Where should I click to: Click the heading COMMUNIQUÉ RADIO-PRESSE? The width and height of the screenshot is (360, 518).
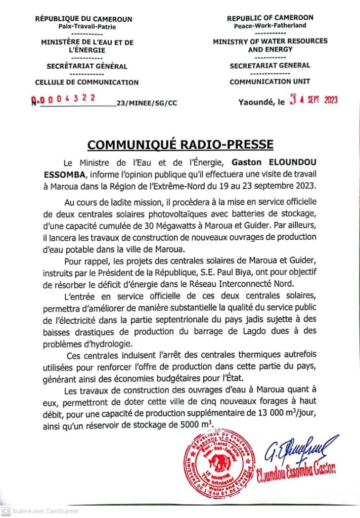(x=180, y=145)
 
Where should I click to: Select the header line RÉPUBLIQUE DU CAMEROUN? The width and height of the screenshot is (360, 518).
(x=83, y=19)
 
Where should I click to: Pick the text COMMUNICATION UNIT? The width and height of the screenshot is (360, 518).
(x=270, y=82)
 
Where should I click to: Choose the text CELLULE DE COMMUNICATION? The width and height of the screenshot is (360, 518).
(x=86, y=82)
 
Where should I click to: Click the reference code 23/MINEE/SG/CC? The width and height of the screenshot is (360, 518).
(x=147, y=104)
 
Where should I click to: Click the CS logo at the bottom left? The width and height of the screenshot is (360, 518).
(x=6, y=511)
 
